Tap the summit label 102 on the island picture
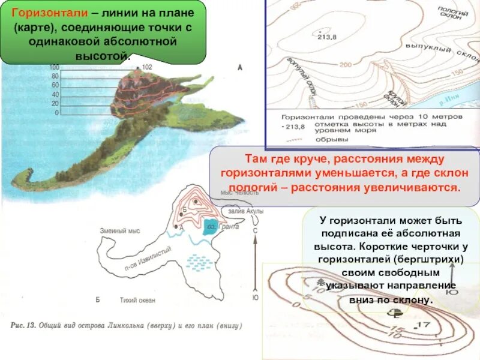[148, 67]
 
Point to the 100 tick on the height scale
[54, 67]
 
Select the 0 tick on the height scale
[56, 112]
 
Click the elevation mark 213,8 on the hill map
[326, 37]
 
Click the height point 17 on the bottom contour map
[424, 325]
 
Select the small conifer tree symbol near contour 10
[322, 282]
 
